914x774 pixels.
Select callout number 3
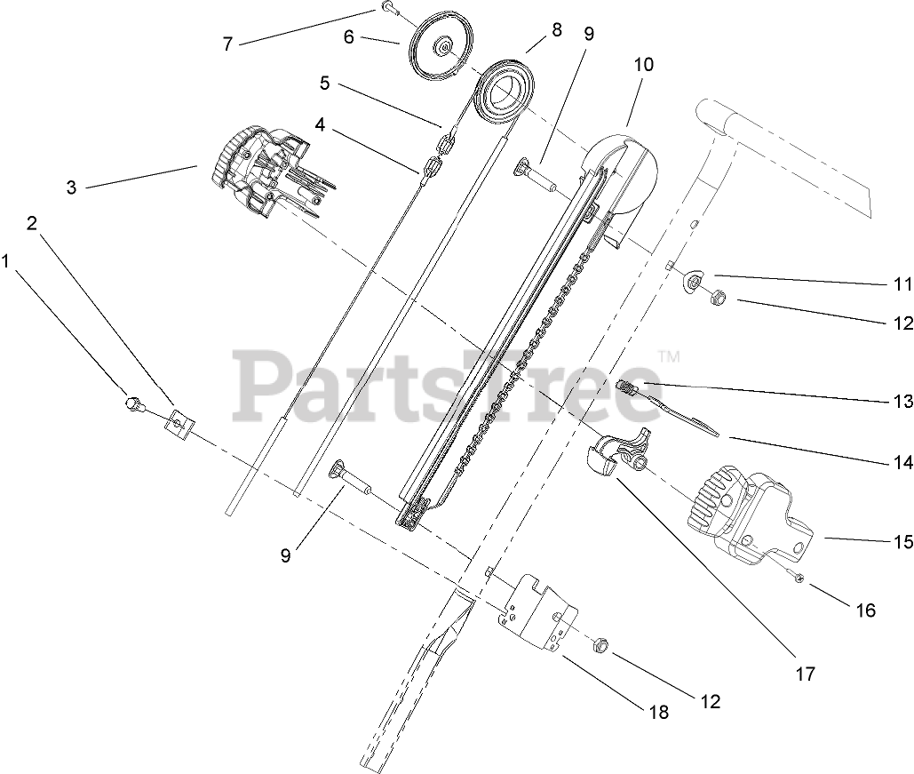click(72, 188)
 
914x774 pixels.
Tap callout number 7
click(228, 44)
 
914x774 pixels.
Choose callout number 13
click(902, 401)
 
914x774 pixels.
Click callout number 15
click(902, 539)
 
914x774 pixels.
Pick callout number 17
click(805, 674)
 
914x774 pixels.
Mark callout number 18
click(659, 712)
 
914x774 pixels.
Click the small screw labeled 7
click(389, 8)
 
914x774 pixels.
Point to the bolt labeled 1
click(132, 404)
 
